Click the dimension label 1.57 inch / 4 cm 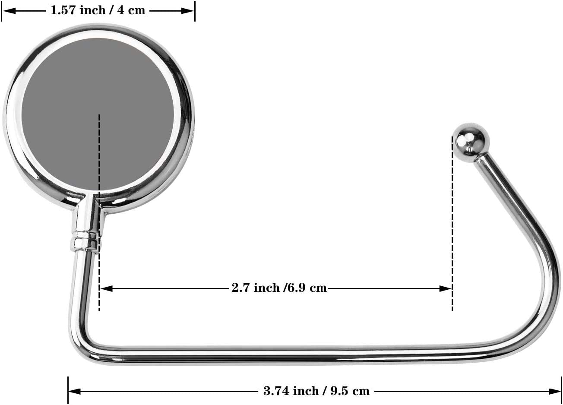click(x=98, y=10)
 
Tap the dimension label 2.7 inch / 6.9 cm click(x=279, y=288)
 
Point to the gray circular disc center click(x=98, y=114)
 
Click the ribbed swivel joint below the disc click(x=85, y=240)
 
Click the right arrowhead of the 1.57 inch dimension click(x=187, y=11)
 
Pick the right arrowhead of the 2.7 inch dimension click(x=445, y=288)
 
